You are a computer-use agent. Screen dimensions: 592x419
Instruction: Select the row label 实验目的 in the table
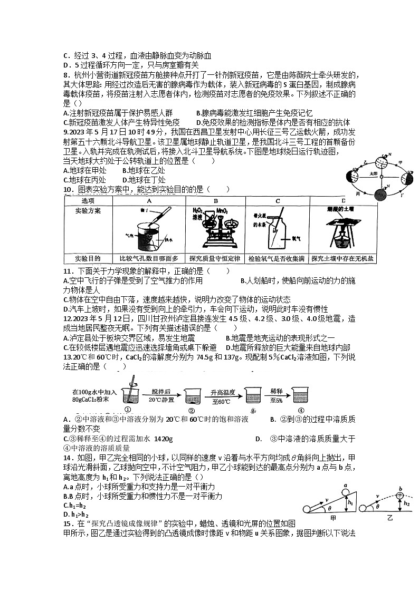click(x=87, y=258)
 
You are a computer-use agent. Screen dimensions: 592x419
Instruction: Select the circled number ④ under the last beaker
click(x=300, y=411)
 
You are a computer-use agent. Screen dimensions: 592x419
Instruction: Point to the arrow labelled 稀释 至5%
click(x=277, y=395)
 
